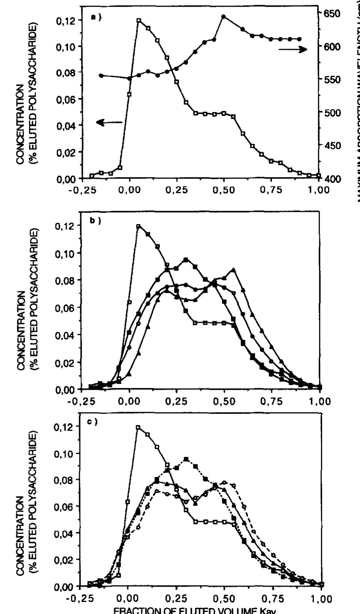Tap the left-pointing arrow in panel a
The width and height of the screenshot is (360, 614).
click(109, 122)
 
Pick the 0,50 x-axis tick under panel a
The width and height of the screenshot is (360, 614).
click(224, 190)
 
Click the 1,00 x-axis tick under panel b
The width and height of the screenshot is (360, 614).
click(320, 401)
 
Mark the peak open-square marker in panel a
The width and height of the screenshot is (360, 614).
click(139, 21)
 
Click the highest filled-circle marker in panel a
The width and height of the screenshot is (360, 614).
click(224, 16)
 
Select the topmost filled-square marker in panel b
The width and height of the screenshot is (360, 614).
click(186, 259)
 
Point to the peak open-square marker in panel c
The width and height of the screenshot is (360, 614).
click(138, 427)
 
